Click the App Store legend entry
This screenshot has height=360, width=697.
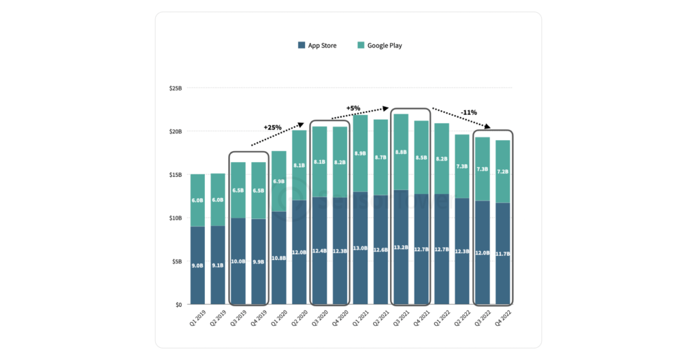(318, 46)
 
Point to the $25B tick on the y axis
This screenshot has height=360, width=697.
(175, 88)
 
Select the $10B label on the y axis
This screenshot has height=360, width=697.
(175, 218)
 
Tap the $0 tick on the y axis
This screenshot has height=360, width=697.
(178, 304)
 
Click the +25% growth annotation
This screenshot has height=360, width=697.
(273, 127)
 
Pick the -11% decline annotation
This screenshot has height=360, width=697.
(468, 112)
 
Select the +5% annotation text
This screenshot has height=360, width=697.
(353, 108)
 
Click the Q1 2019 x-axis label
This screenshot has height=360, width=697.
(198, 318)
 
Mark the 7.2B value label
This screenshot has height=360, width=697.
(503, 172)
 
